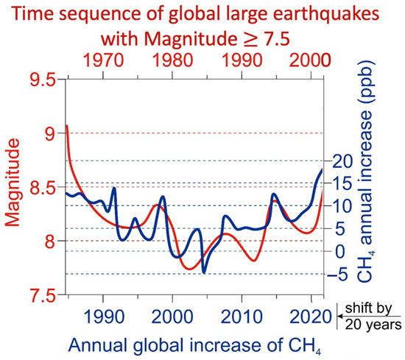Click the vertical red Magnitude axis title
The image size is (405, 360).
tap(13, 188)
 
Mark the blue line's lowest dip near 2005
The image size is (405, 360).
tap(204, 273)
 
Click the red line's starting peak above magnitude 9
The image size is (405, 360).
tap(67, 126)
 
